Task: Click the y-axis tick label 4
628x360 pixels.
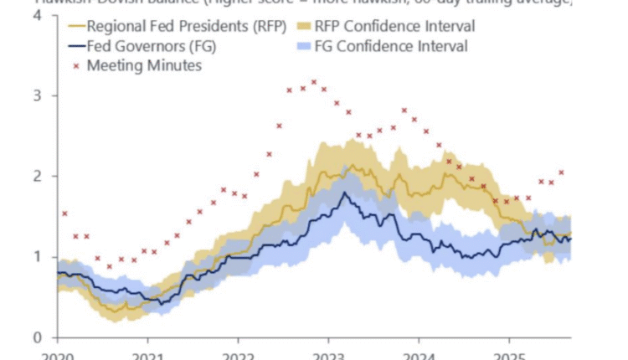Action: tap(39, 16)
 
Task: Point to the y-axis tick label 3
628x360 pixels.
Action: tap(39, 95)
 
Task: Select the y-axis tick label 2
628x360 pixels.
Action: tap(39, 176)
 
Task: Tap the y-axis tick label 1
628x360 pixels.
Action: tap(39, 256)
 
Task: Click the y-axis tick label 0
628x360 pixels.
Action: tap(39, 337)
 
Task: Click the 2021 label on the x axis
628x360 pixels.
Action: tap(147, 355)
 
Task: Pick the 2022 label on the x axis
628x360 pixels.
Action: tap(238, 355)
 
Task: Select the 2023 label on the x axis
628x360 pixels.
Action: tap(328, 355)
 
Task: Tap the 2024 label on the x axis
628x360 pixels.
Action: tap(419, 355)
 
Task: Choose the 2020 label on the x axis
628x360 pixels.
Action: tap(57, 355)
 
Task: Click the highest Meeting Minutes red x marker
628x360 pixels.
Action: tap(314, 82)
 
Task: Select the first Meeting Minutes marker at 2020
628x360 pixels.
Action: tap(64, 213)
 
